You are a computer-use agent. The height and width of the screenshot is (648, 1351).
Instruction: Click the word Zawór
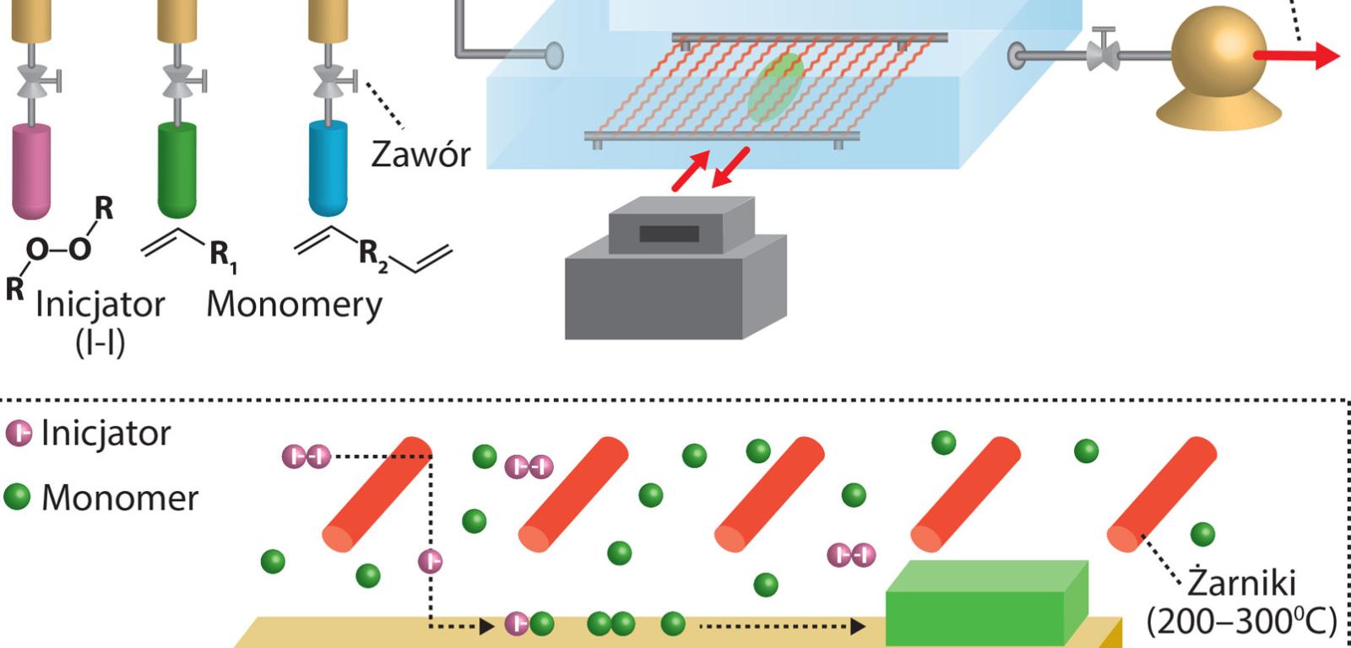(420, 154)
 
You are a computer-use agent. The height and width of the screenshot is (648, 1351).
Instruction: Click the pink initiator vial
(31, 170)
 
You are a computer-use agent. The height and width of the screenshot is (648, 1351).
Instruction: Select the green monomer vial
(177, 169)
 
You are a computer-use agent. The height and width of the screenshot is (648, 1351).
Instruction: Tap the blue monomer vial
(328, 168)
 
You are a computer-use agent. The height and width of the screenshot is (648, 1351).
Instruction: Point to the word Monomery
(294, 305)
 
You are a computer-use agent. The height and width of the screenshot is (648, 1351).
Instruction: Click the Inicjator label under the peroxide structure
(100, 304)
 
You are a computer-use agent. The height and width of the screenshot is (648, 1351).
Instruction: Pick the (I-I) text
(100, 343)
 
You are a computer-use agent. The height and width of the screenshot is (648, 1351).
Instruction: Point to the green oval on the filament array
(774, 88)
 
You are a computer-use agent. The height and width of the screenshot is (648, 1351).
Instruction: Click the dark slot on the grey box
(669, 234)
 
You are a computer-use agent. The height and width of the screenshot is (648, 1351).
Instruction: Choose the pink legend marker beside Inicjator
(18, 433)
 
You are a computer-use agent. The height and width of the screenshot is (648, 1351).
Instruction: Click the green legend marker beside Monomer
(18, 497)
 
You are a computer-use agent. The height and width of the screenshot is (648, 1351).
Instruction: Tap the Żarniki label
(1241, 583)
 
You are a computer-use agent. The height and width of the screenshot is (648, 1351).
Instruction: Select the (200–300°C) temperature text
(1241, 622)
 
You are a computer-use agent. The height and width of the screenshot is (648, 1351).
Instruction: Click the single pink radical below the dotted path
(430, 561)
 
